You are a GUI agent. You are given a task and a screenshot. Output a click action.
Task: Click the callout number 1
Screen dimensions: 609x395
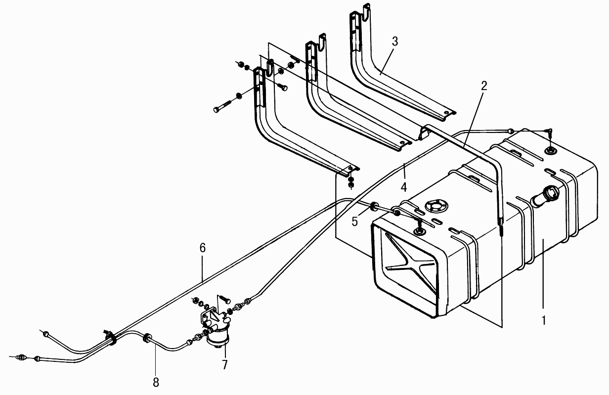click(x=543, y=320)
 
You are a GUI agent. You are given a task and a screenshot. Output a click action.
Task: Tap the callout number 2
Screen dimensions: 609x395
click(x=483, y=86)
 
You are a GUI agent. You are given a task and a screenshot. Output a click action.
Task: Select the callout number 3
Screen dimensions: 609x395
click(x=395, y=42)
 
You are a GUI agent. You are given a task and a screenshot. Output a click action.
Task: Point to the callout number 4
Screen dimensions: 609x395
click(x=404, y=187)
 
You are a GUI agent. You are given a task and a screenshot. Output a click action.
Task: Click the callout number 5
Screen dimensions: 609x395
click(x=354, y=221)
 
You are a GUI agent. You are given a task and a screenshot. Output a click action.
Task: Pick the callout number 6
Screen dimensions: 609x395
click(x=203, y=248)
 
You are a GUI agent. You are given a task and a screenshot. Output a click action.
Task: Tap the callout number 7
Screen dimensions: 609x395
click(x=224, y=365)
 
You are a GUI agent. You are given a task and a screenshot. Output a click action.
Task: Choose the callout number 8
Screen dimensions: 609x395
click(x=156, y=383)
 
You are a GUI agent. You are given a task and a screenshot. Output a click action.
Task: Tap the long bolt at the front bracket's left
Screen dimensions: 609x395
click(x=222, y=106)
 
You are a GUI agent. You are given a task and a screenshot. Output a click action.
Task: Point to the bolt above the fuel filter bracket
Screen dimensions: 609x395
click(x=224, y=299)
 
